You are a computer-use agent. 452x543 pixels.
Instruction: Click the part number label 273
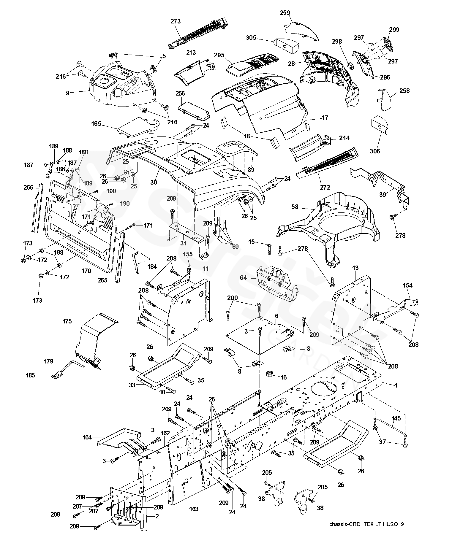pos(176,21)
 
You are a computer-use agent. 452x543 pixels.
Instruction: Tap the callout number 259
pos(285,13)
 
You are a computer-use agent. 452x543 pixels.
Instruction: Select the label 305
pos(251,38)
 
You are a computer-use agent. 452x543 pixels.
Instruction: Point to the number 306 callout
pos(375,151)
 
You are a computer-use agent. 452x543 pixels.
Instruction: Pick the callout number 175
pos(67,321)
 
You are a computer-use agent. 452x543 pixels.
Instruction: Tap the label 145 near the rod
pos(396,418)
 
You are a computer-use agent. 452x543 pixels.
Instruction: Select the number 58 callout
pos(295,207)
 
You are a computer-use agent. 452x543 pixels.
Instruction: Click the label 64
pos(244,278)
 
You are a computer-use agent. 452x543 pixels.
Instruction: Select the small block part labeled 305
pos(286,46)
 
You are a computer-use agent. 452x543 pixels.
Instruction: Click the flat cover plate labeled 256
pos(194,110)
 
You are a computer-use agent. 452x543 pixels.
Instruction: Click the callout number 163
pos(194,509)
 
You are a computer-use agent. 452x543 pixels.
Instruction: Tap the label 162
pos(165,433)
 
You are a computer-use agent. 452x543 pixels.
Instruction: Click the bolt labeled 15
pos(269,248)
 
